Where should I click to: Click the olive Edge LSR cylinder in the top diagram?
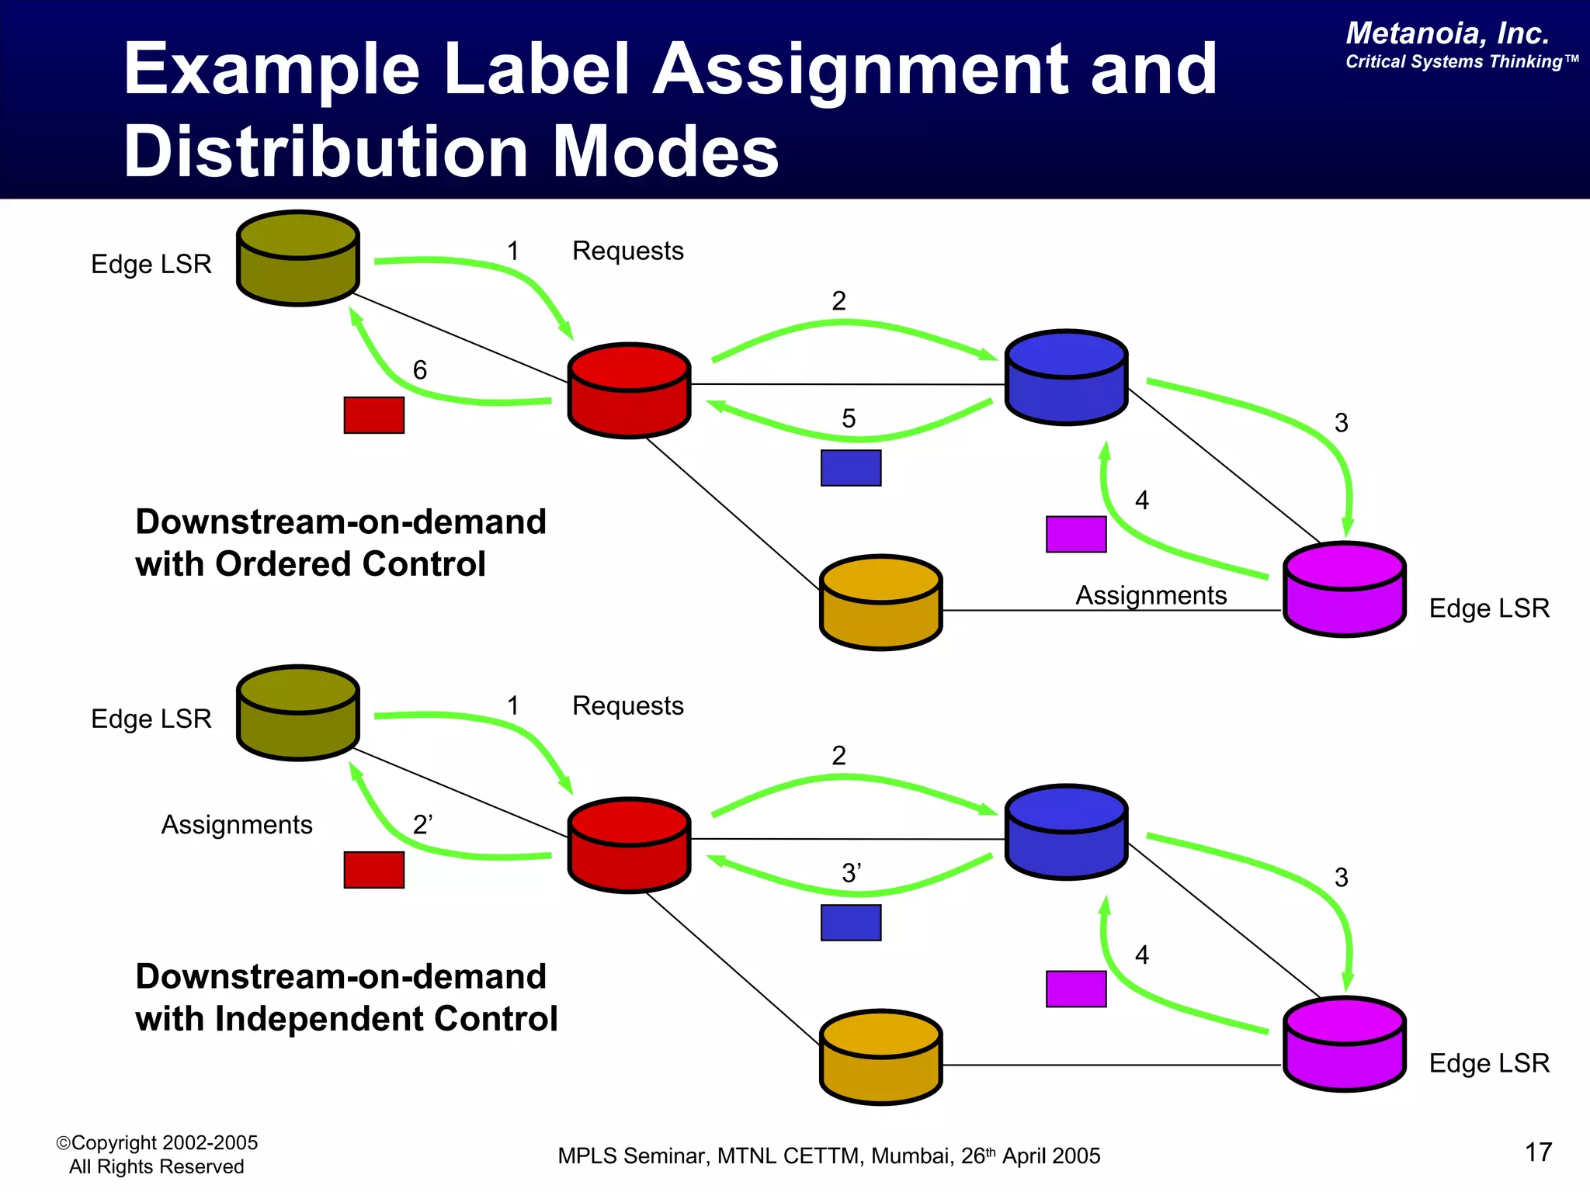click(x=297, y=258)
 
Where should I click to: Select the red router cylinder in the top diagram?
click(x=629, y=390)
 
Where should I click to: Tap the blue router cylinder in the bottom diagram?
click(x=1066, y=832)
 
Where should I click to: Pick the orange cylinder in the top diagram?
click(x=880, y=602)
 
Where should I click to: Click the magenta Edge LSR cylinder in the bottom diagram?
click(x=1344, y=1044)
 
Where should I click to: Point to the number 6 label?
click(x=420, y=370)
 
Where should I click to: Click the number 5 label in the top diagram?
click(x=849, y=419)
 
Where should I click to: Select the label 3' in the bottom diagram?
click(x=852, y=873)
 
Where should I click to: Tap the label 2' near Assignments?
click(x=423, y=824)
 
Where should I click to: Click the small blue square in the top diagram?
click(x=851, y=468)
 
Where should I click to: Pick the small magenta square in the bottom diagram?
click(x=1075, y=989)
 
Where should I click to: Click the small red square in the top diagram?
click(x=373, y=415)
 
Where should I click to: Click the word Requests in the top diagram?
click(x=627, y=251)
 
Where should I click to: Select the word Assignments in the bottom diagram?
click(x=237, y=824)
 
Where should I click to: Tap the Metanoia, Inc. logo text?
click(x=1447, y=33)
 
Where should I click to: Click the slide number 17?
click(x=1538, y=1152)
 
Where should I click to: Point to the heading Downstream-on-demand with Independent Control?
click(x=346, y=997)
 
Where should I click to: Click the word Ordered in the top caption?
click(x=283, y=564)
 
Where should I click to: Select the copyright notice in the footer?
click(x=157, y=1155)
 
